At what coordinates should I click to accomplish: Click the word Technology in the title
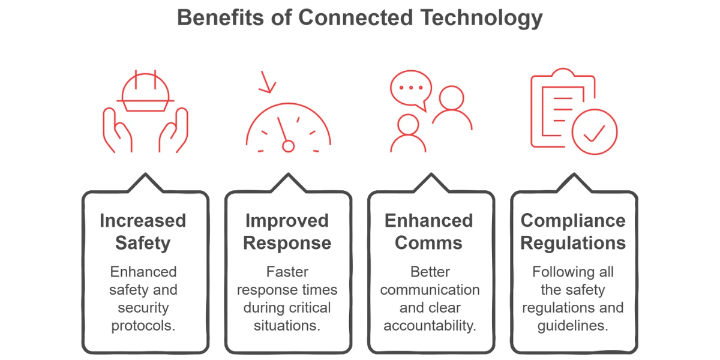[x=482, y=19]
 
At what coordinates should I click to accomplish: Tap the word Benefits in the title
[x=221, y=17]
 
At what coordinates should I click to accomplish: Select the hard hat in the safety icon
[x=145, y=92]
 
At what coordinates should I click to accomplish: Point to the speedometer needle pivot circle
[x=289, y=146]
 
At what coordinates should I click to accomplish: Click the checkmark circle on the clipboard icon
[x=595, y=132]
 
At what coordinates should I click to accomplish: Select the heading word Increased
[x=143, y=221]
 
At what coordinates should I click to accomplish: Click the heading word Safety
[x=143, y=244]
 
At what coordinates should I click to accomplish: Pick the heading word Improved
[x=287, y=221]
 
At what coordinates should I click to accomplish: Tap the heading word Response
[x=287, y=244]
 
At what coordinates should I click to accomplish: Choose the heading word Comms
[x=428, y=242]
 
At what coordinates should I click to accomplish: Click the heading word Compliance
[x=573, y=221]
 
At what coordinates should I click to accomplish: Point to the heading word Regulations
[x=573, y=244]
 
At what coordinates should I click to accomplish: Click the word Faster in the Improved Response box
[x=287, y=272]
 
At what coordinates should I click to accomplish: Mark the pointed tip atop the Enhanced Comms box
[x=431, y=174]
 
